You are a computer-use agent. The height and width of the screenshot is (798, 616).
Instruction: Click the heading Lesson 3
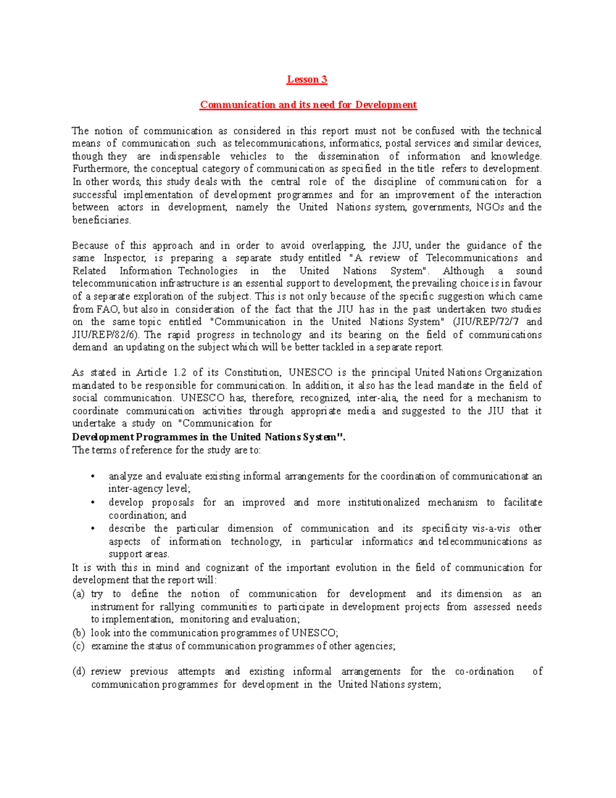tap(307, 79)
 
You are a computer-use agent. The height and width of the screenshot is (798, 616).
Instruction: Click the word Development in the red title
tap(386, 105)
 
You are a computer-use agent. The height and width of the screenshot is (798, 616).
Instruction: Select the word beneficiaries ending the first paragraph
tap(101, 220)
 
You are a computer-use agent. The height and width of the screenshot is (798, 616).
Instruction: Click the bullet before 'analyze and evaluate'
tap(92, 476)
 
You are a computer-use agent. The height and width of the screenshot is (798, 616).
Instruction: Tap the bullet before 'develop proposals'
tap(92, 503)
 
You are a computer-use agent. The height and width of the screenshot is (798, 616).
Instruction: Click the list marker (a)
tap(79, 594)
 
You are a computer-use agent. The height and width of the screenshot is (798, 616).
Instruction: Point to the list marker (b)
tap(79, 633)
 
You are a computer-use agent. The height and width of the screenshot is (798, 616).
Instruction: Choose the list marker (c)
tap(79, 646)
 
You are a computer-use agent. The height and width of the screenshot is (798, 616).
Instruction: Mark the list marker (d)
tap(79, 672)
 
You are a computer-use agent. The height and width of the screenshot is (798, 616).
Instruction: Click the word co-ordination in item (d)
tap(484, 672)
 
